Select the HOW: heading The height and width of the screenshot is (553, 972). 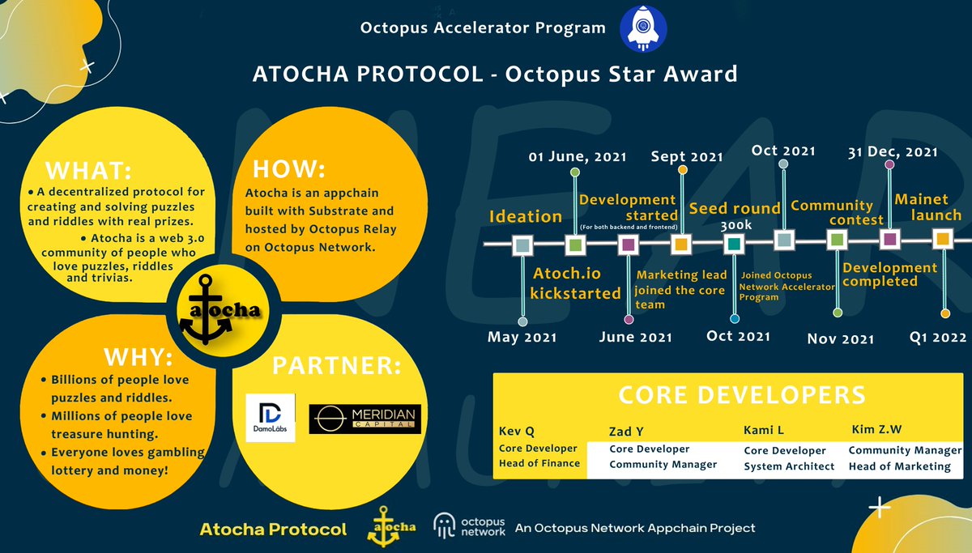pyautogui.click(x=289, y=169)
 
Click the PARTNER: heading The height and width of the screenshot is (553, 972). pyautogui.click(x=336, y=366)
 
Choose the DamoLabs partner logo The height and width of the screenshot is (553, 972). pyautogui.click(x=271, y=417)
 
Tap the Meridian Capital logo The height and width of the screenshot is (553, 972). pyautogui.click(x=365, y=418)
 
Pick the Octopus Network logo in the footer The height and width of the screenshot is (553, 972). pyautogui.click(x=469, y=527)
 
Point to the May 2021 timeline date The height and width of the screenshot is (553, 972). pyautogui.click(x=522, y=337)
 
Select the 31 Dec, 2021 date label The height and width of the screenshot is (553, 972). pyautogui.click(x=893, y=151)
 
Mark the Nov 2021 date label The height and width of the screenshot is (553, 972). pyautogui.click(x=841, y=338)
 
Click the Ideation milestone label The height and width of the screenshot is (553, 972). pyautogui.click(x=525, y=216)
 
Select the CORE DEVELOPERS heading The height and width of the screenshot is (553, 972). pyautogui.click(x=741, y=395)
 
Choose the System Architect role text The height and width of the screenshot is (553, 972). pyautogui.click(x=789, y=466)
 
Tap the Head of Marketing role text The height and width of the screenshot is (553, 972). pyautogui.click(x=899, y=466)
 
